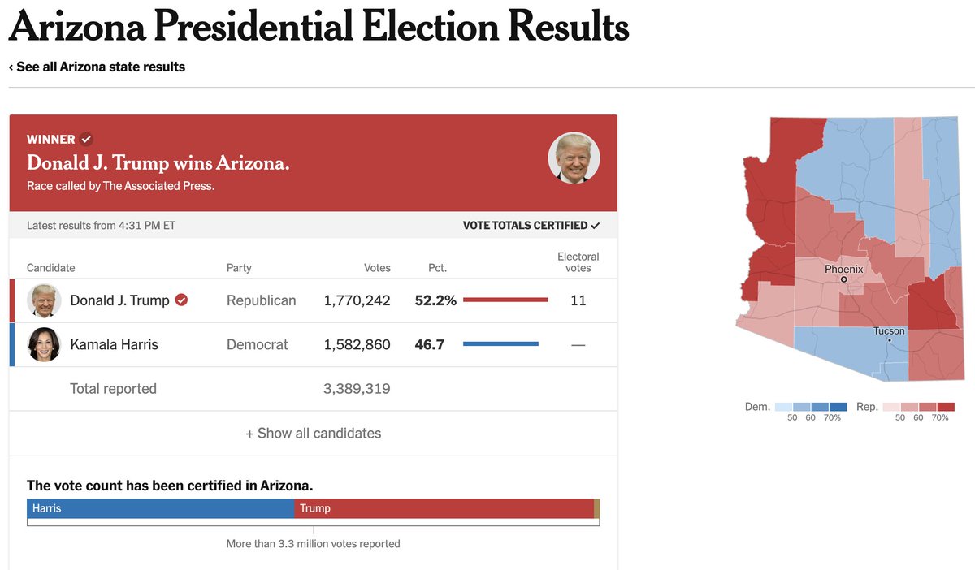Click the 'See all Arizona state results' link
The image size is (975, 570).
click(x=100, y=67)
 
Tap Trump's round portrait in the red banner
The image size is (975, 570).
click(x=574, y=158)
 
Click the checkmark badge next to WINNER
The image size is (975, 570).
click(x=86, y=139)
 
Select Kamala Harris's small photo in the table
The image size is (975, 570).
click(x=45, y=344)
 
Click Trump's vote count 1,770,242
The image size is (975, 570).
click(x=357, y=300)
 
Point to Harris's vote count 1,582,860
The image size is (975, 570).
click(x=357, y=344)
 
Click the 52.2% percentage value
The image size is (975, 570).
click(x=435, y=300)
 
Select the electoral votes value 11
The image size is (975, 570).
click(x=578, y=300)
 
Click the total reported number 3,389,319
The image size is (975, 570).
click(x=357, y=389)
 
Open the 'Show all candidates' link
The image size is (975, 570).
click(x=313, y=434)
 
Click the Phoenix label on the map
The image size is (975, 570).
click(x=843, y=269)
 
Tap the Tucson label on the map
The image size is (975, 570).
click(x=889, y=330)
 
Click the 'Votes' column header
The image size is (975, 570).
click(x=377, y=268)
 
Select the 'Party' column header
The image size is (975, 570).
click(x=239, y=268)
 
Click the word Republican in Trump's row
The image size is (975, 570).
click(x=261, y=300)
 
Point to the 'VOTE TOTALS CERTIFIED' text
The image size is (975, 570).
click(x=525, y=225)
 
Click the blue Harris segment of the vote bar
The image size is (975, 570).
click(x=161, y=508)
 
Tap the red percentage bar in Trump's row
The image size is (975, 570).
click(x=505, y=300)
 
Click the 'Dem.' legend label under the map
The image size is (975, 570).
click(x=757, y=406)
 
